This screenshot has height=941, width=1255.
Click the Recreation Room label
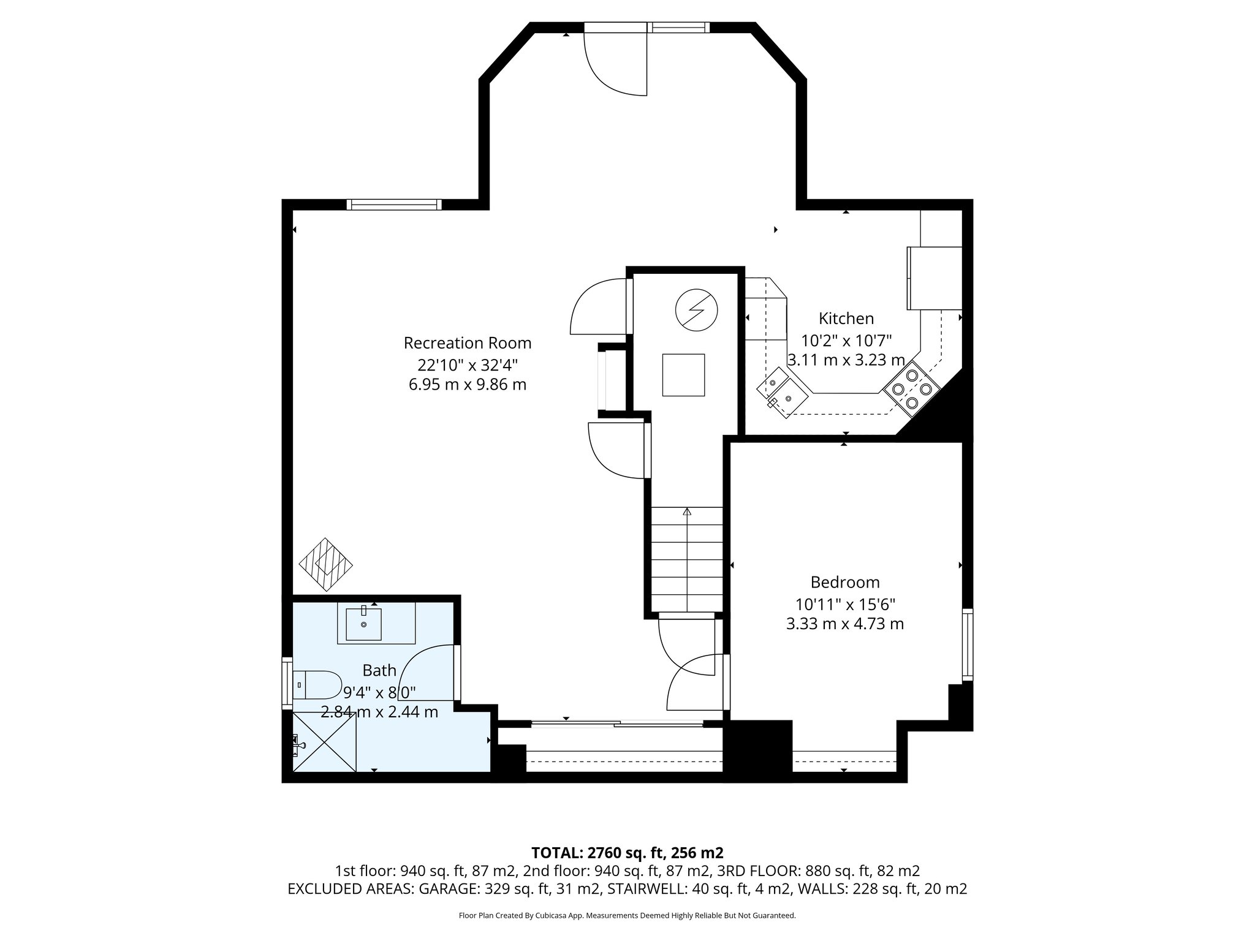point(467,343)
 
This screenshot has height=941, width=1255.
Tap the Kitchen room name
point(846,319)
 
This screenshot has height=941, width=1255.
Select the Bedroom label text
point(844,582)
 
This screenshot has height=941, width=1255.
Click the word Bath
point(379,670)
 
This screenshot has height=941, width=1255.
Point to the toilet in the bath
point(318,684)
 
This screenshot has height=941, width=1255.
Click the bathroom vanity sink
point(363,624)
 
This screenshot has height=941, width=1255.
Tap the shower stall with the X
point(325,743)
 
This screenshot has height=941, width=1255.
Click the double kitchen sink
point(783,393)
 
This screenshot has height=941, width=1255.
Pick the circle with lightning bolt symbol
point(696,309)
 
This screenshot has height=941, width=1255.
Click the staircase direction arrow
point(687,512)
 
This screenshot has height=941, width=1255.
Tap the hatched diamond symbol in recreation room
point(325,564)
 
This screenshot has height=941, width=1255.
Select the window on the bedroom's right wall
point(967,644)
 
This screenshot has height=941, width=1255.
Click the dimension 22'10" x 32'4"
point(467,365)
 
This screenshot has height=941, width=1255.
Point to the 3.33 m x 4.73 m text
point(844,624)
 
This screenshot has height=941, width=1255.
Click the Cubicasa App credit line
point(627,916)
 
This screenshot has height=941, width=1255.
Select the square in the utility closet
point(683,375)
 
